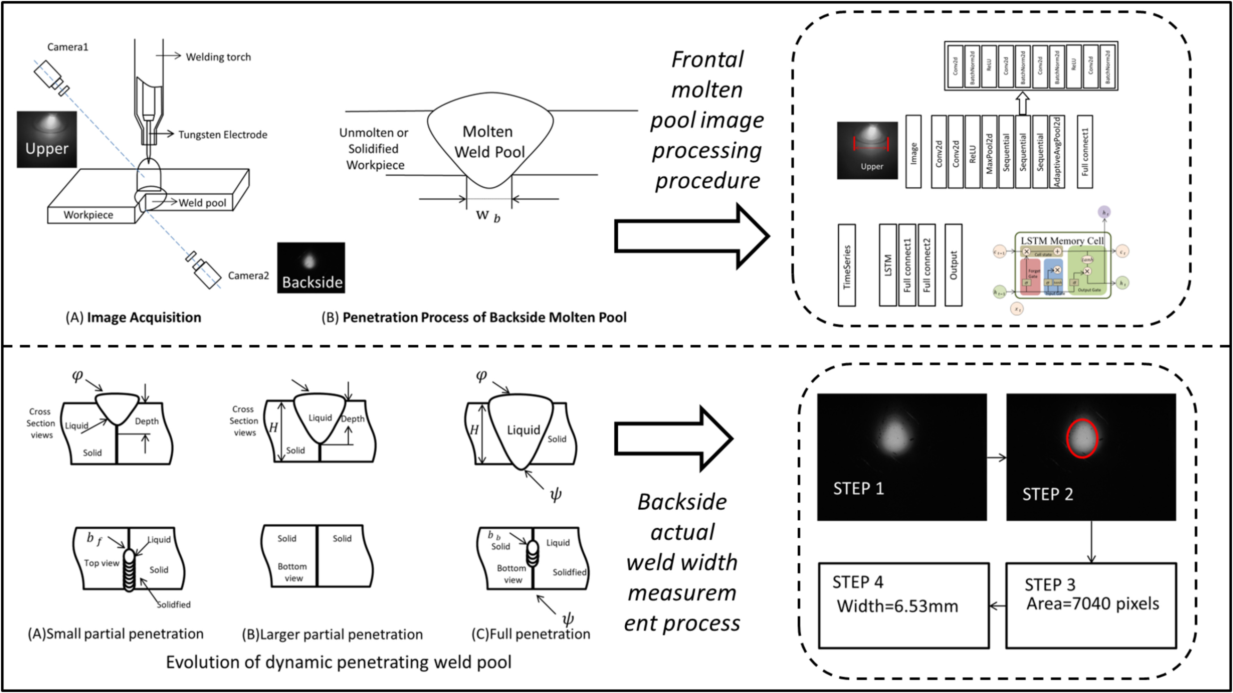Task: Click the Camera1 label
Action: pyautogui.click(x=67, y=47)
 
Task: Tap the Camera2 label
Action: pyautogui.click(x=248, y=275)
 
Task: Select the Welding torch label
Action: pyautogui.click(x=218, y=57)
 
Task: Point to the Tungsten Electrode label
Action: pyautogui.click(x=223, y=134)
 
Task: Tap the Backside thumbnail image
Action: pyautogui.click(x=311, y=267)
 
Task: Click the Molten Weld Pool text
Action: pyautogui.click(x=489, y=142)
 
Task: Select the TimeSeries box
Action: pyautogui.click(x=847, y=265)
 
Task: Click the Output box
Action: pyautogui.click(x=953, y=265)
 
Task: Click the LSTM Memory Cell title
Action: pyautogui.click(x=1062, y=240)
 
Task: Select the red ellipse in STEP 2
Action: pyautogui.click(x=1082, y=438)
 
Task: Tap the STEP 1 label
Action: pyautogui.click(x=858, y=489)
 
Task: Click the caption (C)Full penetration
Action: pyautogui.click(x=531, y=634)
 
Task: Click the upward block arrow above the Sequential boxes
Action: pyautogui.click(x=1022, y=103)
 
